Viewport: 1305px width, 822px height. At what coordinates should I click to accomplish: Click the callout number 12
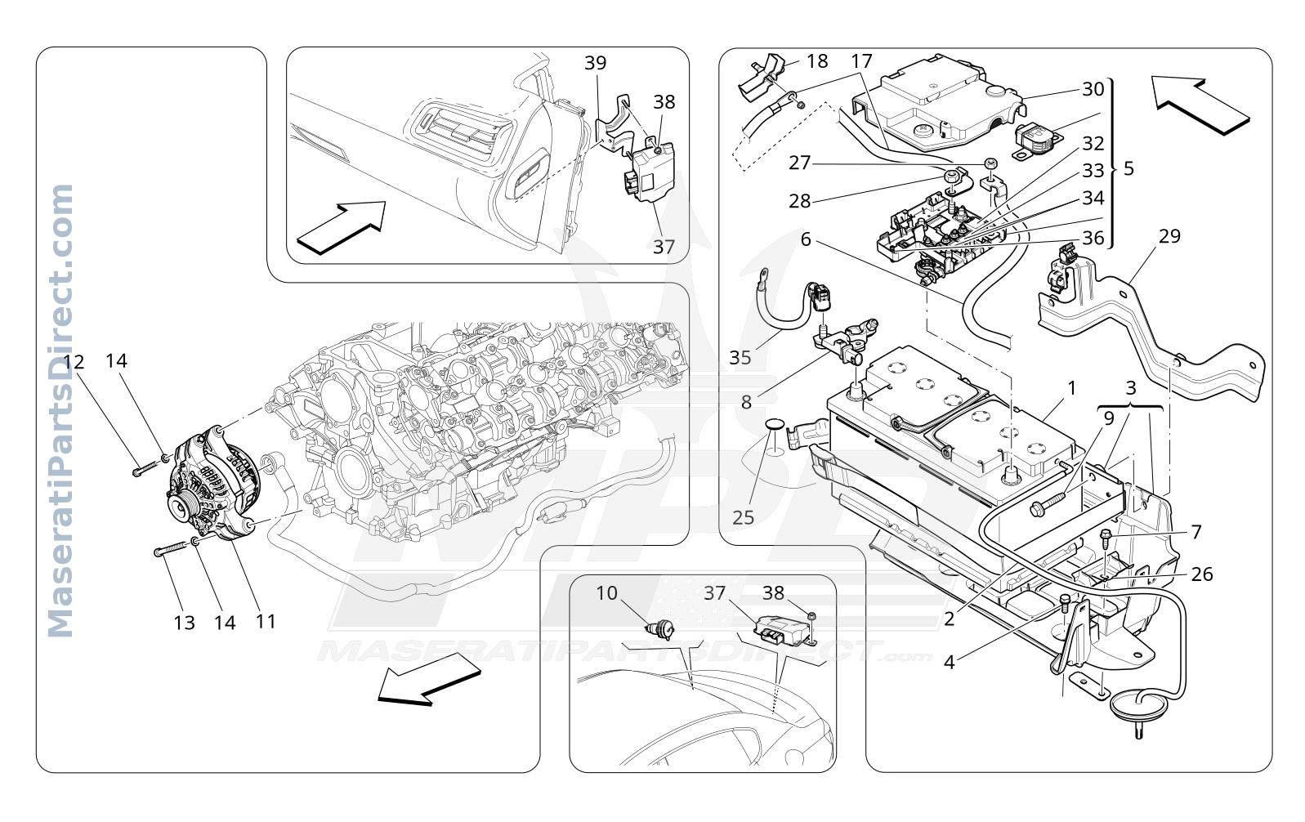click(x=74, y=362)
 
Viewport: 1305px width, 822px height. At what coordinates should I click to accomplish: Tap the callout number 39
click(x=596, y=63)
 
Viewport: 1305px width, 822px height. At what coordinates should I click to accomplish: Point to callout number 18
click(x=817, y=61)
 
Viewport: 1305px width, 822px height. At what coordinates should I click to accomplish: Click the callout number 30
click(x=1093, y=89)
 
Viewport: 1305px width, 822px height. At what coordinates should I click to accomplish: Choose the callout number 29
click(x=1169, y=236)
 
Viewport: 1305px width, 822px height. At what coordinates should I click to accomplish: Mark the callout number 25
click(x=743, y=517)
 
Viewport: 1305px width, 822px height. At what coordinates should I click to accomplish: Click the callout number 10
click(x=606, y=593)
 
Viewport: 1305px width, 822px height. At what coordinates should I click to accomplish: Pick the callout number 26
click(x=1202, y=574)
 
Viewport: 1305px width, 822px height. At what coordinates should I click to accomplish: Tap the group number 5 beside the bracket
click(x=1128, y=169)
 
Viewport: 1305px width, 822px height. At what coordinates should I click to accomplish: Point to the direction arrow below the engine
click(x=428, y=680)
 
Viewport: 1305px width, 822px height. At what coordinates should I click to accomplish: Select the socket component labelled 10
click(x=661, y=629)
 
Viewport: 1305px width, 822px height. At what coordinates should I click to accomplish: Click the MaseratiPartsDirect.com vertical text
click(x=60, y=411)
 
